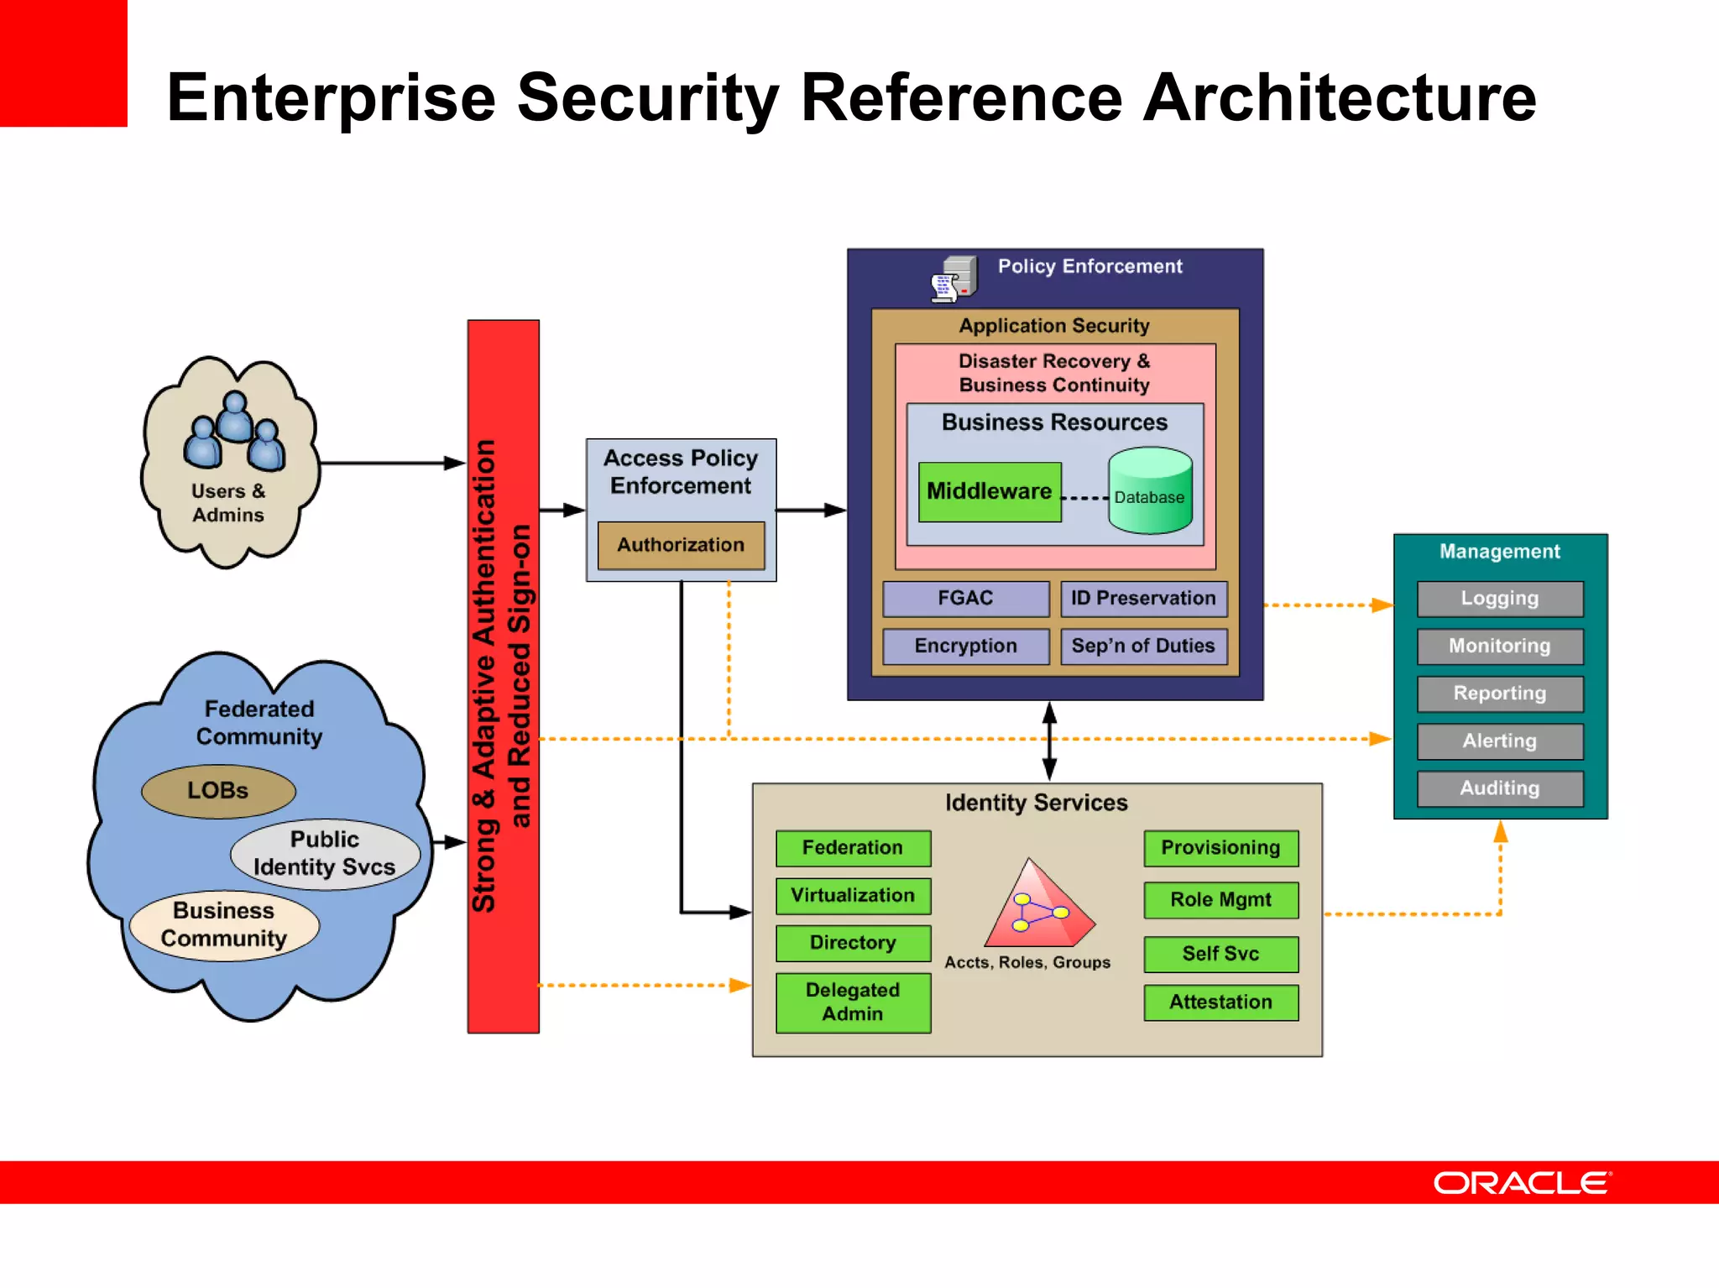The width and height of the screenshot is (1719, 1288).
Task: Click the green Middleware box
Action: [989, 492]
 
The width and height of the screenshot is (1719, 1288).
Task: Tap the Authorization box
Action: [681, 545]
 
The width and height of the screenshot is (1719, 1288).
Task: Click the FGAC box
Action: [965, 599]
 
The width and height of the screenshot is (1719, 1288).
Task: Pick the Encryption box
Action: [965, 646]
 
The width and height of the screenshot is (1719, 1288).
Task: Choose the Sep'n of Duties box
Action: [1143, 646]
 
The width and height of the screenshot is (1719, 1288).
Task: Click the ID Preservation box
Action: [1143, 599]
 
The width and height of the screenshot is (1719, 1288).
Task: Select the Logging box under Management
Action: [1500, 599]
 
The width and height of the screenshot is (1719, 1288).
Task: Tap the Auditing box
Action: [1500, 788]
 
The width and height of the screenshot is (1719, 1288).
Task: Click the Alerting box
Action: [1500, 741]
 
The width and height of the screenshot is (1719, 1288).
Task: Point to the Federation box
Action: [853, 848]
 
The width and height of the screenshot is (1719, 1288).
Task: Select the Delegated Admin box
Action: [853, 1002]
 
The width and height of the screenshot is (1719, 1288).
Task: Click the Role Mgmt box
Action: [1220, 900]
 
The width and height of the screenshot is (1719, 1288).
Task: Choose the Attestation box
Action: [1220, 1003]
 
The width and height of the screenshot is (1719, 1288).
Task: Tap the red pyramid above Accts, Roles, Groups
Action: [1037, 907]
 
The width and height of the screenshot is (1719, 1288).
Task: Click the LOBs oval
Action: [218, 791]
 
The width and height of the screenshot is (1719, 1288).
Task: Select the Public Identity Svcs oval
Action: [325, 854]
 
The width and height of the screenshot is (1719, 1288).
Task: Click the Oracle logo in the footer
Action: [1522, 1183]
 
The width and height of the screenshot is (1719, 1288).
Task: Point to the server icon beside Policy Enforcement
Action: [956, 279]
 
